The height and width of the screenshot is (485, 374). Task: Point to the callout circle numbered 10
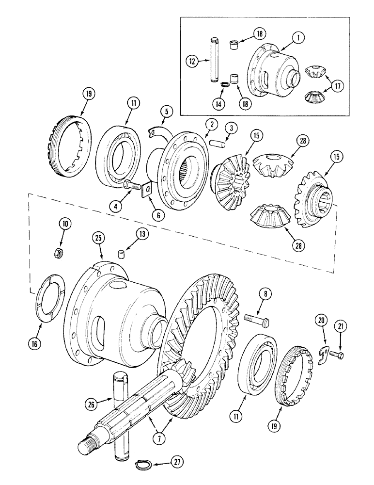[x=65, y=224]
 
